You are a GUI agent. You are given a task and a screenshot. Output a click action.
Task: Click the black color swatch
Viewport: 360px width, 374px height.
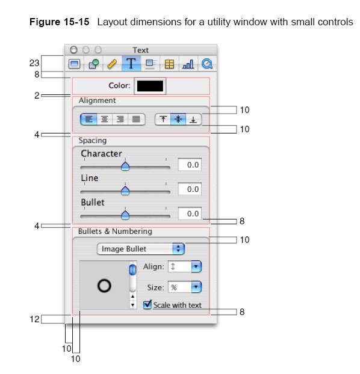coord(150,86)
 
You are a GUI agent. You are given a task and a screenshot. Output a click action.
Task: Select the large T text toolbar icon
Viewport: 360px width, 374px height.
coord(131,64)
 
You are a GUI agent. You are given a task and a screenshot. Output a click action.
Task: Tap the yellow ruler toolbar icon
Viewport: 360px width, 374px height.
coord(112,64)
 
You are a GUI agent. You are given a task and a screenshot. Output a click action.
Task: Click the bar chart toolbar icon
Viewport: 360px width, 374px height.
coord(188,64)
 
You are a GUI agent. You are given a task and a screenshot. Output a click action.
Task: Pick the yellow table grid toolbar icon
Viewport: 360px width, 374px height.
coord(169,64)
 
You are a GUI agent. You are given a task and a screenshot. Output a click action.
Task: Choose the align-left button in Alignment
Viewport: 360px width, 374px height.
coord(88,119)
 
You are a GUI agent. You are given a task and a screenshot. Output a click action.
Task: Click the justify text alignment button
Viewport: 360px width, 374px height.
coord(136,119)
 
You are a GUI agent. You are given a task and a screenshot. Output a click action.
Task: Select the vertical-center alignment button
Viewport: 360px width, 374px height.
coord(178,119)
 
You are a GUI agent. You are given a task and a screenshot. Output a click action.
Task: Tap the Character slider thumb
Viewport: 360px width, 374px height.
coord(125,166)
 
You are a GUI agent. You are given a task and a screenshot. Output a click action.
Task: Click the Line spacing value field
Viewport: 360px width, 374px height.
coord(190,189)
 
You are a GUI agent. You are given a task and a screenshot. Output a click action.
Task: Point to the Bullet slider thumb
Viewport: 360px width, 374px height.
coord(125,215)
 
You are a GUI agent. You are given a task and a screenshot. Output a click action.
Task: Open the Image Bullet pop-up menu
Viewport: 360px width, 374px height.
coord(141,249)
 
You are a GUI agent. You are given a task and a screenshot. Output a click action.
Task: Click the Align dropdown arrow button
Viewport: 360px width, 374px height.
coord(196,266)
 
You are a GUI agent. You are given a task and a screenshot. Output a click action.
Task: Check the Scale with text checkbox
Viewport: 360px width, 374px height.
coord(147,305)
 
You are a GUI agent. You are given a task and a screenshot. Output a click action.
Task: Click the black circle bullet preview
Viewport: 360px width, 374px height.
coord(104,286)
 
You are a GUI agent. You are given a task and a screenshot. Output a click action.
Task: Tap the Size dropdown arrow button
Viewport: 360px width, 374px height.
coord(196,287)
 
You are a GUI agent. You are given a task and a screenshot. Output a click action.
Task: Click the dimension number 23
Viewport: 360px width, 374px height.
coord(34,63)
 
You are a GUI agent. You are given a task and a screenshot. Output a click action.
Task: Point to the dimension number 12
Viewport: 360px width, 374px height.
coord(34,319)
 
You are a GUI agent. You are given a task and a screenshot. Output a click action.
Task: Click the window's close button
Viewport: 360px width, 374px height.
coord(73,50)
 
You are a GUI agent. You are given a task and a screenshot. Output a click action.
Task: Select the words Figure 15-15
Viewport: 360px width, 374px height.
coord(59,22)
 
